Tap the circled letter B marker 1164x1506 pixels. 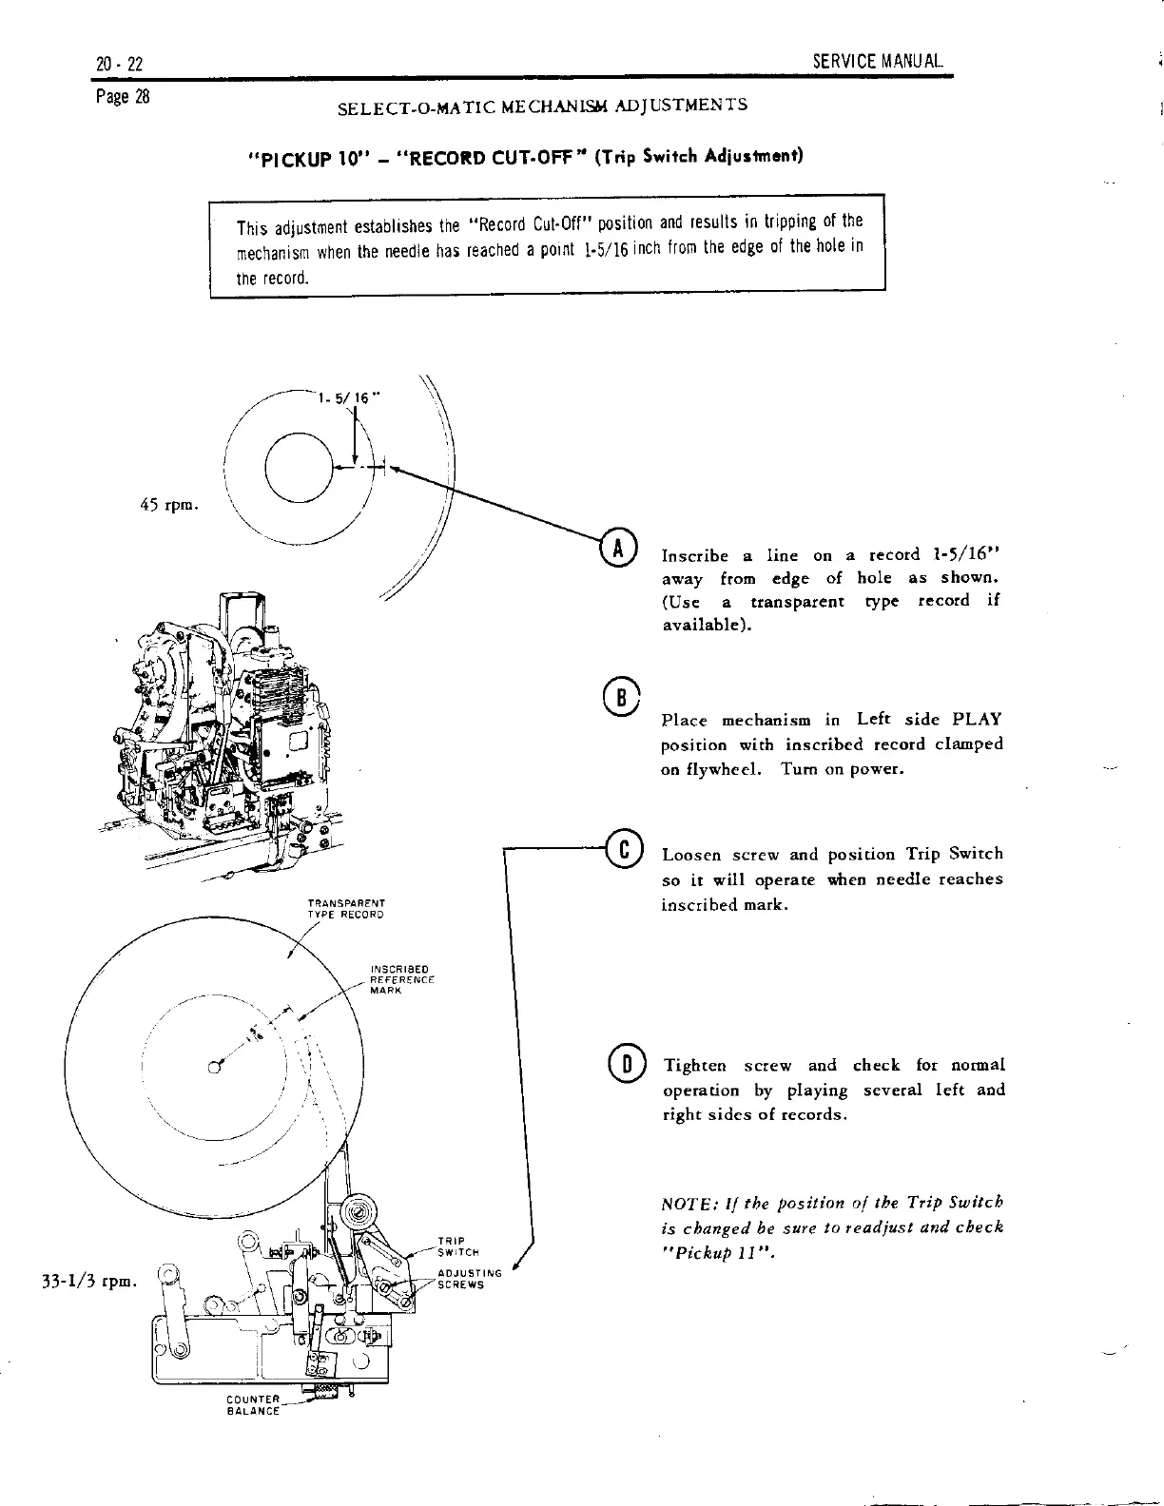click(x=618, y=694)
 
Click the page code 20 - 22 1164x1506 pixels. click(x=119, y=64)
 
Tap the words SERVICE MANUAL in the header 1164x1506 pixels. click(x=878, y=63)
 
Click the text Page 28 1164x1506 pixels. click(x=118, y=97)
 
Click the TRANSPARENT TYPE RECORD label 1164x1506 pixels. click(x=345, y=909)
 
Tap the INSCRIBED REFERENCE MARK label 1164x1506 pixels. click(x=401, y=979)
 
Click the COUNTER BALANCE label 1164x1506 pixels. click(x=254, y=1405)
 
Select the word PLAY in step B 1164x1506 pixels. click(x=977, y=719)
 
